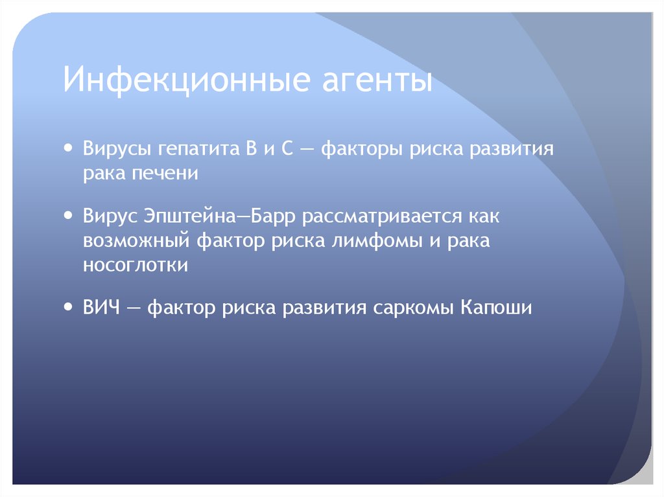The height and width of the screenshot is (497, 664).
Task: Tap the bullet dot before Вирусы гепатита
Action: (69, 148)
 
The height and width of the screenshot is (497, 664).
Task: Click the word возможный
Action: (136, 242)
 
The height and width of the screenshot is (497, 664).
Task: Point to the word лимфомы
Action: (366, 242)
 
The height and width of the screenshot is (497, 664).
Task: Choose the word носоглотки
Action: (136, 265)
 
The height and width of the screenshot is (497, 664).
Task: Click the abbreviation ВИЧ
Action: (101, 308)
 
